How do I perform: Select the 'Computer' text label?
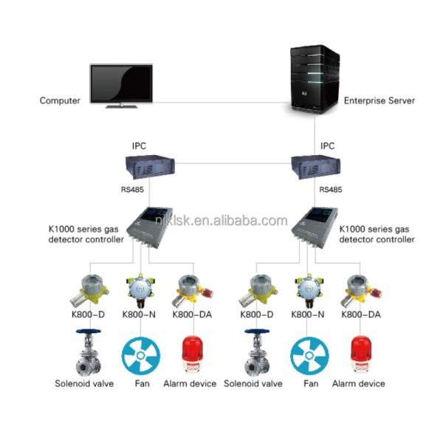(60, 100)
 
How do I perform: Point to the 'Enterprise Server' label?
(380, 100)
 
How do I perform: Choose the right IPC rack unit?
(315, 168)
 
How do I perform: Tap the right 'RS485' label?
(330, 190)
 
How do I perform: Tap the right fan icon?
(309, 354)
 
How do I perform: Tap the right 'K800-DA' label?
(361, 315)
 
